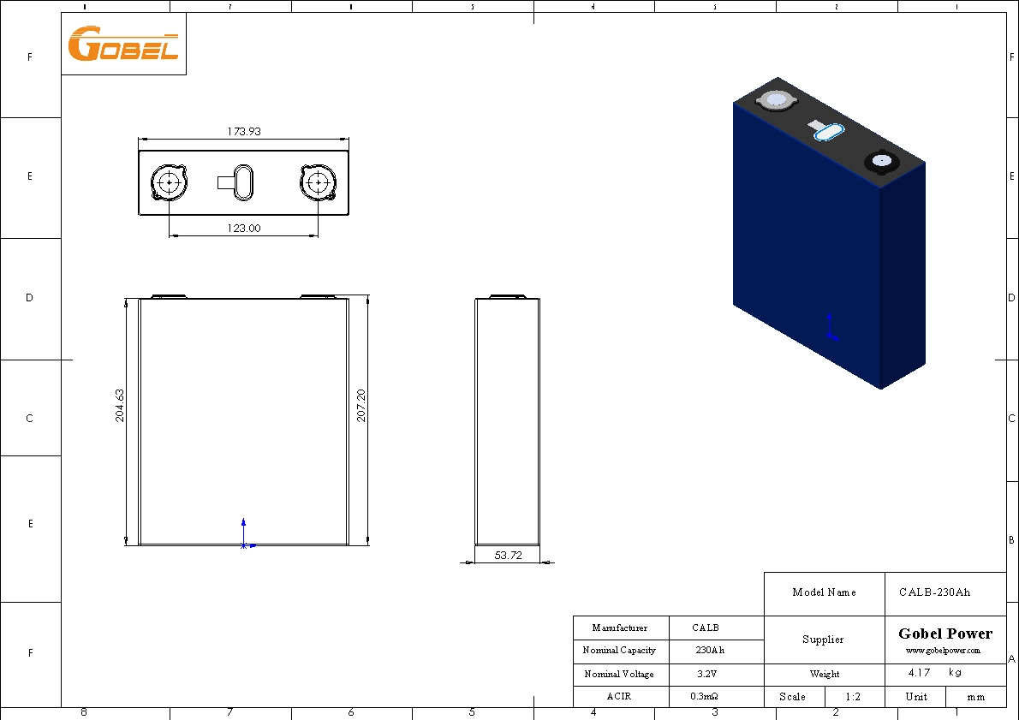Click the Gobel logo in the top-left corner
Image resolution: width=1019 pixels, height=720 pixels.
[122, 44]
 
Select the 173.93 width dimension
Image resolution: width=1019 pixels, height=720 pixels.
[244, 132]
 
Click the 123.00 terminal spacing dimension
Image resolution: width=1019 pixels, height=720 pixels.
[244, 229]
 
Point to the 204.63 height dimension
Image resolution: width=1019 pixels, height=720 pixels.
[120, 405]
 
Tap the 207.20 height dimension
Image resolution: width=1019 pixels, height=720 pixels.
[361, 405]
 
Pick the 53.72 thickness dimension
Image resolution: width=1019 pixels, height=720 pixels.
[509, 555]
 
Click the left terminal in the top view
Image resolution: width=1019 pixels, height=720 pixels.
[170, 182]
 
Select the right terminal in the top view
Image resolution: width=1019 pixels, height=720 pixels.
[319, 182]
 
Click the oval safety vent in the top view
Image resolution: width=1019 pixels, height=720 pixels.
[243, 182]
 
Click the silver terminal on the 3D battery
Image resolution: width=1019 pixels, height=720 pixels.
[776, 100]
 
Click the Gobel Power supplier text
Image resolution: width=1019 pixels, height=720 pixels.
[945, 634]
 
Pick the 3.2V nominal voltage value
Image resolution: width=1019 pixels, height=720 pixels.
[706, 674]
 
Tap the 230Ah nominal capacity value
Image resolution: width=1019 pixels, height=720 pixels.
[710, 651]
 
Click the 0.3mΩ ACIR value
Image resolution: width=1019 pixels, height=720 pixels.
[704, 697]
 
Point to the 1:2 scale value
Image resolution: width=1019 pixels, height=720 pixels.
[853, 697]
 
